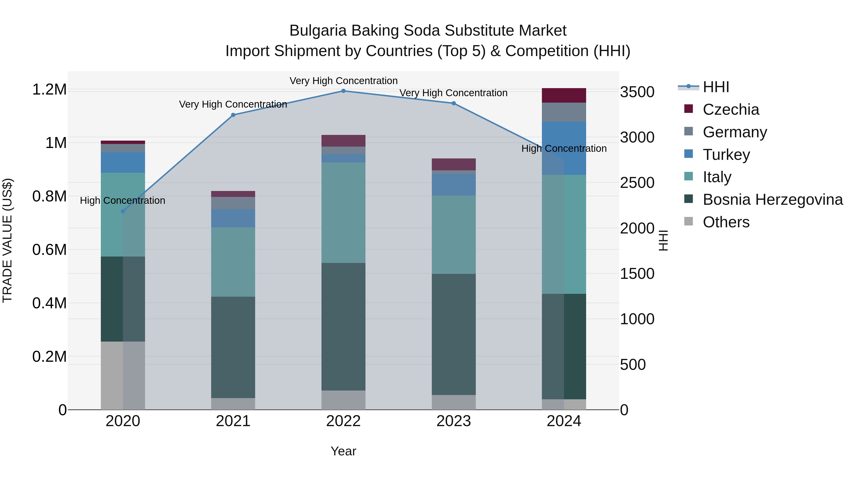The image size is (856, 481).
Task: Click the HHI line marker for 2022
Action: pyautogui.click(x=343, y=91)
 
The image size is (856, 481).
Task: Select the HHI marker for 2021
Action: pyautogui.click(x=233, y=115)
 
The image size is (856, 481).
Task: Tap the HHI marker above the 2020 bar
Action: pyautogui.click(x=123, y=211)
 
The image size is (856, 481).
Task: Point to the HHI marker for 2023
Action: pyautogui.click(x=454, y=103)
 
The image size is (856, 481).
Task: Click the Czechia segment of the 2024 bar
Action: pyautogui.click(x=564, y=95)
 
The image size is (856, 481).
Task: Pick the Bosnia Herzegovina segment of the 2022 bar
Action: pyautogui.click(x=343, y=326)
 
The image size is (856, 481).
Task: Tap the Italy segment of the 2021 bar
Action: pyautogui.click(x=233, y=262)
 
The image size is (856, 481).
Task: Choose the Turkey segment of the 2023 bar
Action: pyautogui.click(x=454, y=185)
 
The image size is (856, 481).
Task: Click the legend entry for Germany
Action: pyautogui.click(x=735, y=132)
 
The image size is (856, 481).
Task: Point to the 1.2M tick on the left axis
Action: pyautogui.click(x=49, y=90)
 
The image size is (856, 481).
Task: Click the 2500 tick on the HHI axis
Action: pyautogui.click(x=637, y=183)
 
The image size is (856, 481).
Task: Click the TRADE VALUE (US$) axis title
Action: pyautogui.click(x=7, y=240)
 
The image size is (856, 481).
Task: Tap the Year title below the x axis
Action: pyautogui.click(x=343, y=451)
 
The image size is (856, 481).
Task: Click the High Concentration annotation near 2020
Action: pyautogui.click(x=123, y=200)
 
